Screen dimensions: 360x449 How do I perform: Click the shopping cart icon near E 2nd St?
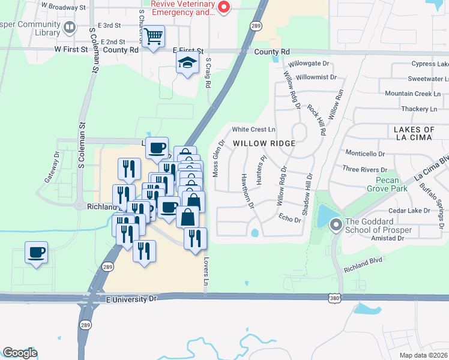[154, 37]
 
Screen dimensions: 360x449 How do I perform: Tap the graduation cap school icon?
[187, 62]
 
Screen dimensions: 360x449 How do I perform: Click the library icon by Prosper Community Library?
[70, 27]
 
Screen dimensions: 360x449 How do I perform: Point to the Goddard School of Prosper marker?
[335, 225]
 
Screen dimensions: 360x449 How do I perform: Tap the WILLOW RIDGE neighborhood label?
[264, 143]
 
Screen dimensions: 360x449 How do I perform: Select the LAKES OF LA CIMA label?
[414, 134]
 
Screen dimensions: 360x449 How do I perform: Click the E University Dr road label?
[131, 298]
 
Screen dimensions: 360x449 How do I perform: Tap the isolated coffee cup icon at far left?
[36, 252]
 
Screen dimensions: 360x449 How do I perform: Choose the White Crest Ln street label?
[254, 129]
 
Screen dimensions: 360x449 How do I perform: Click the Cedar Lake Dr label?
[409, 211]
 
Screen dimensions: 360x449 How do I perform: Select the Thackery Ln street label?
[419, 109]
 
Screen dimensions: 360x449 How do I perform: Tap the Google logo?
[20, 353]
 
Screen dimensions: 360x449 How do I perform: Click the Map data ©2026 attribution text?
[423, 355]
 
